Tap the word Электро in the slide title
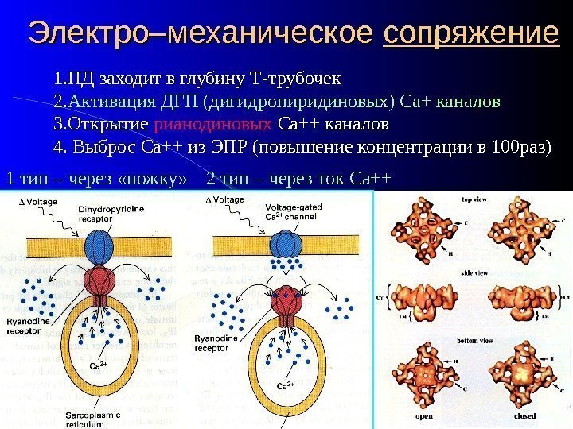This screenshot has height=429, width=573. tap(76, 34)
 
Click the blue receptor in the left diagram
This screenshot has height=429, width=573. tap(101, 245)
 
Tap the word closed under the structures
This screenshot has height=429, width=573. tap(524, 415)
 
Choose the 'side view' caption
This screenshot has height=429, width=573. tap(474, 272)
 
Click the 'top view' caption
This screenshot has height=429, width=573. tap(475, 199)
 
